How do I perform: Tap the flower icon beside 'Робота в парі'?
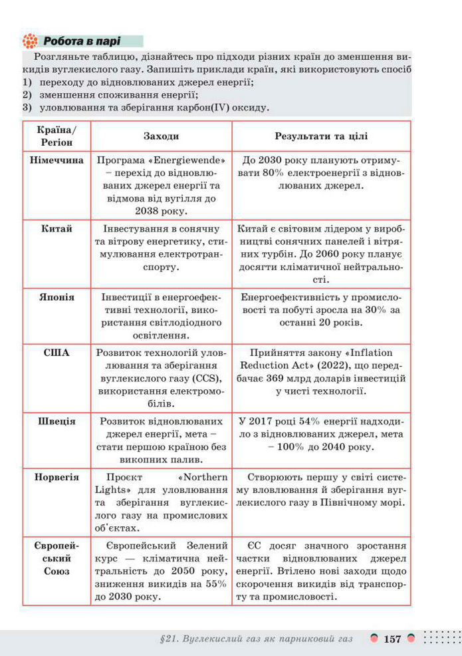coord(29,41)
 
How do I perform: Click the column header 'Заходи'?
coord(161,136)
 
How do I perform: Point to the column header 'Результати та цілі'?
coord(321,136)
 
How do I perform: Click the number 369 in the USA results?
coord(271,378)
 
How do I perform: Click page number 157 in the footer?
coord(392,639)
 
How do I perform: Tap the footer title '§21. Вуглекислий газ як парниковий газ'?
coord(256,639)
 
